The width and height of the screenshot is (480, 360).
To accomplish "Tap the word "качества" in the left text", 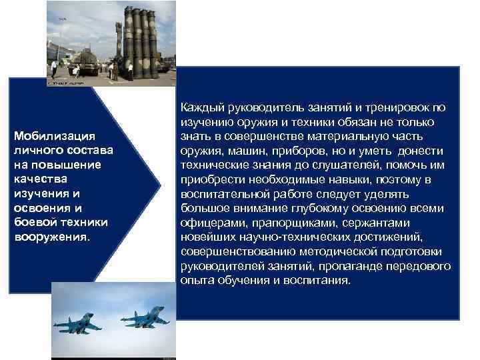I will pyautogui.click(x=37, y=179).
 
